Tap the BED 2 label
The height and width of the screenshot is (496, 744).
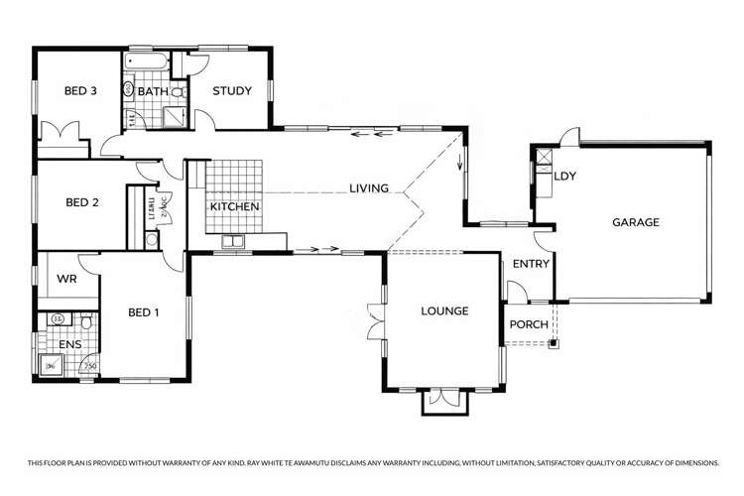click(81, 203)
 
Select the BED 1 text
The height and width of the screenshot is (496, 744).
click(144, 312)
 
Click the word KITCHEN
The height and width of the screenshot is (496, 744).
click(234, 206)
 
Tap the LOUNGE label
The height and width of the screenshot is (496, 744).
click(443, 311)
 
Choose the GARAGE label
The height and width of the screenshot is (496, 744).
click(635, 222)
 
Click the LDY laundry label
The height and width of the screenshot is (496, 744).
click(566, 177)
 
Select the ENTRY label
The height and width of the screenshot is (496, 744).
click(531, 264)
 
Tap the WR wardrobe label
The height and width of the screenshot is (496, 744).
click(67, 280)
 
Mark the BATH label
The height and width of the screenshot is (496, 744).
click(153, 92)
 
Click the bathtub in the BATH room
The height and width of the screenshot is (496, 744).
click(147, 62)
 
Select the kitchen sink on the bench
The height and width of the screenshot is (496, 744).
click(234, 241)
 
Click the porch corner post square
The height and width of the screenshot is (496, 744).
click(554, 344)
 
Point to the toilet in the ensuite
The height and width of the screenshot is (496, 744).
click(87, 322)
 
